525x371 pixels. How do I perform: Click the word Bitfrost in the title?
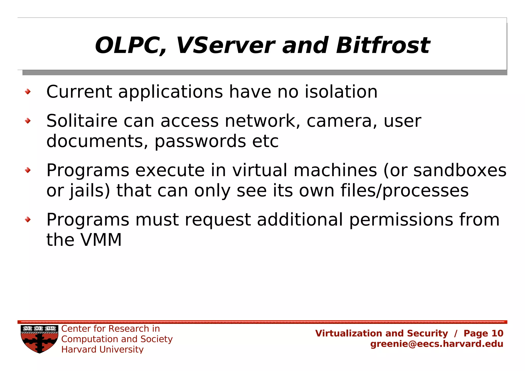click(382, 46)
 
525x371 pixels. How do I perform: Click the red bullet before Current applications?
click(28, 92)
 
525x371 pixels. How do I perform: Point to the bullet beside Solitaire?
click(28, 121)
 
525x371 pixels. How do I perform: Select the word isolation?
click(341, 92)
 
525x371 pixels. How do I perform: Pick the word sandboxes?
click(460, 170)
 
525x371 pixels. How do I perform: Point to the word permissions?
click(401, 220)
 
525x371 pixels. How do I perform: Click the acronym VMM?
click(101, 240)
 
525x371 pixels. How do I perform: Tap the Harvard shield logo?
click(39, 339)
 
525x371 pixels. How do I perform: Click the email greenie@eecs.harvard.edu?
click(437, 344)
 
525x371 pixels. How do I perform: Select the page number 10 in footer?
click(497, 333)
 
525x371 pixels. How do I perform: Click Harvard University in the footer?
click(102, 349)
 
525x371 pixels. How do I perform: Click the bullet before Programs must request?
click(28, 219)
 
